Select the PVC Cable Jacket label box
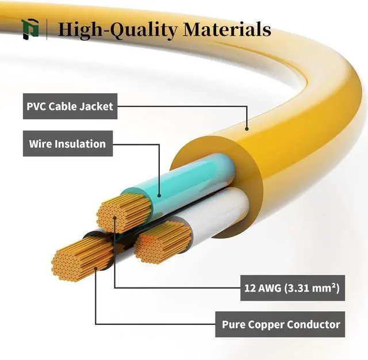70,106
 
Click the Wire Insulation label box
67,144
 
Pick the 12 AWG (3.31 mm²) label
292,288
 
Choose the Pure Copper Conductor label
281,325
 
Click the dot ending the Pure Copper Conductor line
95,268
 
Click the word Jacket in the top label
95,106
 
